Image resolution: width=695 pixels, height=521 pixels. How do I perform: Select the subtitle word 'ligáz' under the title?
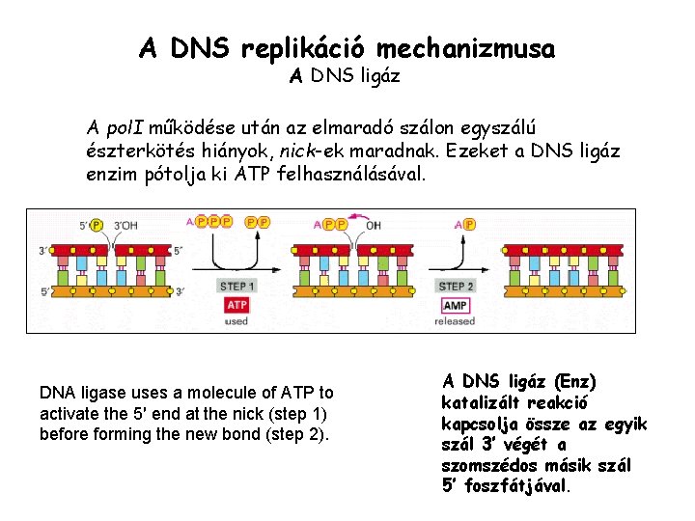tap(377, 74)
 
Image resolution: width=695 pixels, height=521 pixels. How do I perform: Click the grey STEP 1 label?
tap(237, 286)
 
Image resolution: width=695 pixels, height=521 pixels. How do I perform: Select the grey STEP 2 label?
tap(457, 286)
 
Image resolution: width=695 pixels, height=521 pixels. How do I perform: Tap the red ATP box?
tap(237, 305)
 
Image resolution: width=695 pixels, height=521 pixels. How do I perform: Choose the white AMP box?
tap(456, 305)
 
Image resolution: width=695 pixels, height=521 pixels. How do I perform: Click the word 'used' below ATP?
tap(237, 320)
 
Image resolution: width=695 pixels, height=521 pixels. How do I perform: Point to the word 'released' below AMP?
tap(456, 321)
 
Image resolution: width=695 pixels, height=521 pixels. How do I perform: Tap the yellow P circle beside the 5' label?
tap(97, 225)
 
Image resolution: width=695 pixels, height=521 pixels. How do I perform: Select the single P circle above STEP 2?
tap(469, 224)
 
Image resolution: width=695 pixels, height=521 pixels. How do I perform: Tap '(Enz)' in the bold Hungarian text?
tap(574, 382)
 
